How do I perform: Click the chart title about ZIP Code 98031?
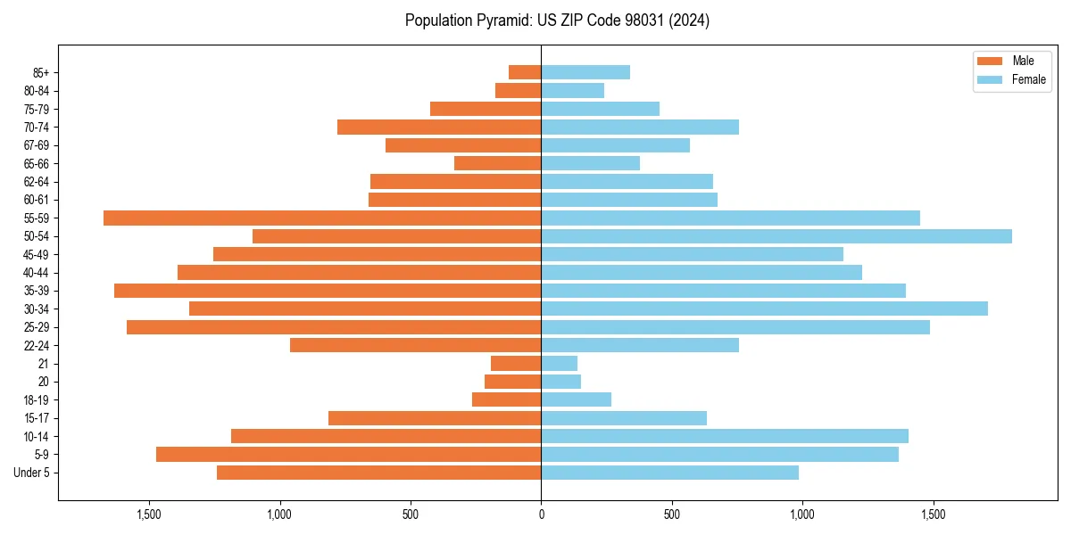click(557, 21)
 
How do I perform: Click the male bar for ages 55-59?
click(322, 218)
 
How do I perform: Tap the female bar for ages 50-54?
click(776, 236)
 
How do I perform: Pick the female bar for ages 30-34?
click(764, 309)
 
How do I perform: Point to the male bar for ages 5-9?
click(348, 454)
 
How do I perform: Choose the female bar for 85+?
click(585, 72)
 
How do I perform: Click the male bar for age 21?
click(516, 363)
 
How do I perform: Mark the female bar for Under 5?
click(669, 473)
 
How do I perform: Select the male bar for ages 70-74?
click(439, 127)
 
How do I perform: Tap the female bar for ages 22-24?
click(640, 345)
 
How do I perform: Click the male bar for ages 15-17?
click(435, 417)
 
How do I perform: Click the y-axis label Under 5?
click(31, 473)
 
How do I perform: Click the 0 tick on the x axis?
click(541, 514)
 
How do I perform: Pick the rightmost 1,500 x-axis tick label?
click(933, 514)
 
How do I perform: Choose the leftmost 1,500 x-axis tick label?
click(148, 514)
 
